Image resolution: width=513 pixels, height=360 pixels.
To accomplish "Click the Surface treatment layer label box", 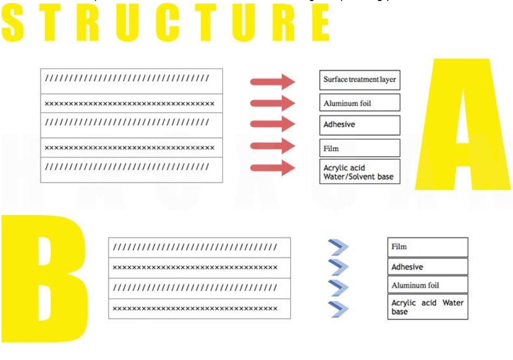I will point(359,80).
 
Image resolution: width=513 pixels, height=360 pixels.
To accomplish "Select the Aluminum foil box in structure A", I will point(359,102).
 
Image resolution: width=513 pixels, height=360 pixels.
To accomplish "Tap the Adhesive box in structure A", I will point(359,125).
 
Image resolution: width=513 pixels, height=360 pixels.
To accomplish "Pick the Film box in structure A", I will point(359,148).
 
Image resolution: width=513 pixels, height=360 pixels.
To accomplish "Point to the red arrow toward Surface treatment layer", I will point(272,81).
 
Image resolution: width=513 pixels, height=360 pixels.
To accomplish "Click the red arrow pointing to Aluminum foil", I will point(272,103).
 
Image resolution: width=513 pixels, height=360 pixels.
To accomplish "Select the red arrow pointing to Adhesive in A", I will point(272,124).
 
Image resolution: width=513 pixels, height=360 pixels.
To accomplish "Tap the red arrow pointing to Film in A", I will point(272,146).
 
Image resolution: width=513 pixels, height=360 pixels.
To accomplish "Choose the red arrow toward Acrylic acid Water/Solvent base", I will point(272,168).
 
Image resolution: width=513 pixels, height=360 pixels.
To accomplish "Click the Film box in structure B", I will point(427,247).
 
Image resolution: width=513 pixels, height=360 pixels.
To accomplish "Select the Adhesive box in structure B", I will point(427,266).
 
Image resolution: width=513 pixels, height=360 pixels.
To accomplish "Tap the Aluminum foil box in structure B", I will point(427,285).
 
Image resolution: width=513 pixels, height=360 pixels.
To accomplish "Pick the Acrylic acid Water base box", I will point(427,307).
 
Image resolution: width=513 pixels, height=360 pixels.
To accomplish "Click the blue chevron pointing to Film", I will point(339,247).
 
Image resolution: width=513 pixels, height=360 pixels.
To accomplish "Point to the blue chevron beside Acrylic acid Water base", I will point(339,309).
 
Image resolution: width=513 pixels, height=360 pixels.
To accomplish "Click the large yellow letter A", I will point(464,129).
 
